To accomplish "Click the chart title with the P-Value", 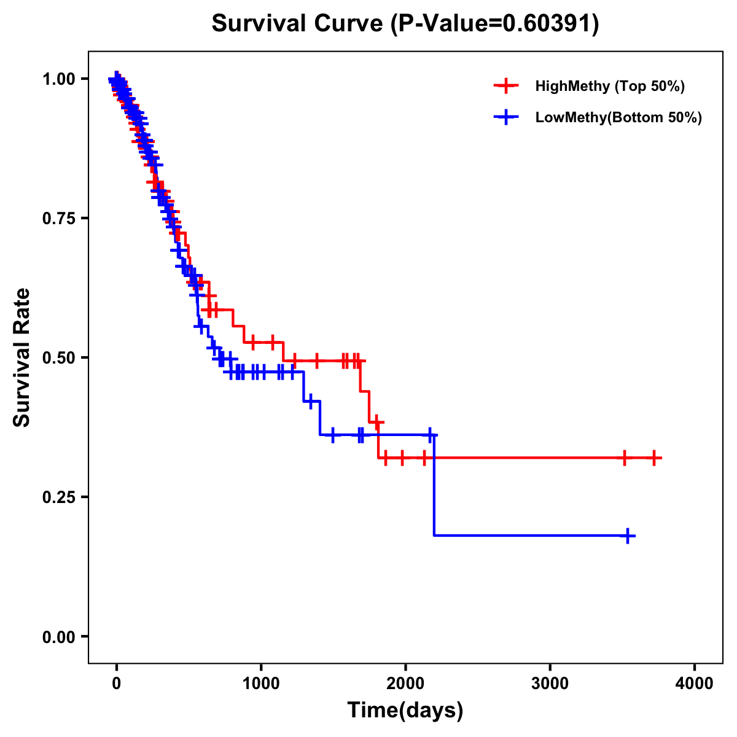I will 405,23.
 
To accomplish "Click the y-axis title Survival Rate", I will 22,357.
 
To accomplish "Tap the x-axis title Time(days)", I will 405,710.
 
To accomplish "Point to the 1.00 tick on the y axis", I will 59,79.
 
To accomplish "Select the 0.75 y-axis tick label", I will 59,218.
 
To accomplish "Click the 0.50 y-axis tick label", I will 59,357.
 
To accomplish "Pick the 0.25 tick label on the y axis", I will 59,497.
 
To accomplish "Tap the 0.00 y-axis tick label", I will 59,636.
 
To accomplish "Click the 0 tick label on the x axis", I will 117,684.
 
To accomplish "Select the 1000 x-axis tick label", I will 261,684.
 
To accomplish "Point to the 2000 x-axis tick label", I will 405,684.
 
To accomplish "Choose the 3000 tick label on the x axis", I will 550,684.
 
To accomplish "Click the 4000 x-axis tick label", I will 695,684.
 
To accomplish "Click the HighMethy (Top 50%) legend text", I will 610,86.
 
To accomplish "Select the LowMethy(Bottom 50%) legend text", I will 618,117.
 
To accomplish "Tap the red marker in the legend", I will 505,86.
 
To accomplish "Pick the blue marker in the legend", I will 505,117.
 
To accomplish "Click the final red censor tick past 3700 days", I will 655,458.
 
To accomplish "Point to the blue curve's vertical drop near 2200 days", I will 434,485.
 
